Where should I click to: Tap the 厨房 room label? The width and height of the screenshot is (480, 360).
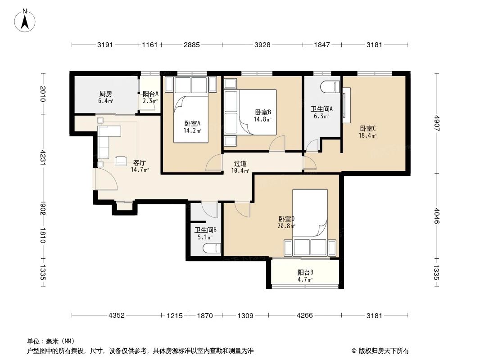click(105, 94)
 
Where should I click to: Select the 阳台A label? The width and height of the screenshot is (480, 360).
click(150, 94)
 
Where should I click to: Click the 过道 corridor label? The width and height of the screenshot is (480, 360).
click(240, 164)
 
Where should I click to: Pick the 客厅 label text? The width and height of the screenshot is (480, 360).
click(139, 162)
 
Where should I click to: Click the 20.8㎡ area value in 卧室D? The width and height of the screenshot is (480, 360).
click(286, 226)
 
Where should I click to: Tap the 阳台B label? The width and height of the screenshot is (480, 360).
click(305, 272)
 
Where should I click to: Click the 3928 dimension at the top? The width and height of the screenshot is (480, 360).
click(262, 45)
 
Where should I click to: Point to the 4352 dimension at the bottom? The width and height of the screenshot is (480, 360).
click(117, 315)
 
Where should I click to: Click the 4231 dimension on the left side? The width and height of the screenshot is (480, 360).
click(43, 157)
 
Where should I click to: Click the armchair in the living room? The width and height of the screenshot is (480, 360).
click(121, 161)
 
